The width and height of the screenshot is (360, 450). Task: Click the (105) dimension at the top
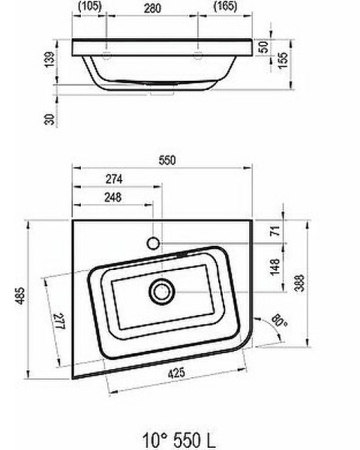[x=90, y=7]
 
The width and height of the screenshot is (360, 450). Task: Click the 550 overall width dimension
[x=166, y=160]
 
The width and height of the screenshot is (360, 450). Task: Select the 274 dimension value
[x=115, y=179]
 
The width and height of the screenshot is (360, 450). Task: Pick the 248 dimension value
[x=115, y=198]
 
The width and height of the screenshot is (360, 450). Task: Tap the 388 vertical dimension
[x=298, y=282]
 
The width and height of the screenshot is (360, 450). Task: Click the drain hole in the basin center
[x=160, y=289]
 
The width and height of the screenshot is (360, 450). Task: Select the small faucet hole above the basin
[x=153, y=243]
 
